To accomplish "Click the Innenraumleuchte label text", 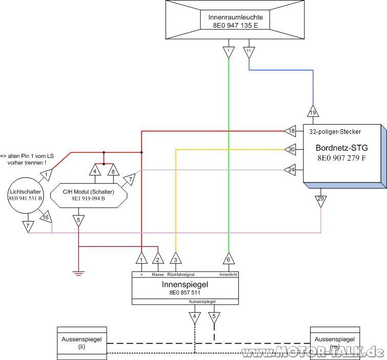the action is pyautogui.click(x=235, y=17).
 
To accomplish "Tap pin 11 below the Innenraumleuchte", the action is pyautogui.click(x=249, y=52).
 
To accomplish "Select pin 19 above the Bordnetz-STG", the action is pyautogui.click(x=313, y=111).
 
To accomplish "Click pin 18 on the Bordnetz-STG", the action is pyautogui.click(x=290, y=131).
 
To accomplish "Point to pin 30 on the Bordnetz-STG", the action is pyautogui.click(x=290, y=149).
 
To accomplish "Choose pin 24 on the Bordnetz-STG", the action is pyautogui.click(x=290, y=170).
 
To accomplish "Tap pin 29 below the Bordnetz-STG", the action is pyautogui.click(x=320, y=201).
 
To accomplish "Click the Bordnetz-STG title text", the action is pyautogui.click(x=341, y=148).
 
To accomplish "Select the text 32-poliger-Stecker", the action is pyautogui.click(x=335, y=132).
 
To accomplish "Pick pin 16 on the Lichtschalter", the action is pyautogui.click(x=46, y=217).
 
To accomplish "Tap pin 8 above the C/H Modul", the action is pyautogui.click(x=113, y=170).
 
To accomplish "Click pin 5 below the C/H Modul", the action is pyautogui.click(x=78, y=221).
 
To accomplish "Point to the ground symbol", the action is pyautogui.click(x=78, y=273).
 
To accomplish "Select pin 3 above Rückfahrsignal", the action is pyautogui.click(x=175, y=258).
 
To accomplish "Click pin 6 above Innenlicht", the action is pyautogui.click(x=229, y=258).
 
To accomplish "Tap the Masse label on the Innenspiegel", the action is pyautogui.click(x=158, y=274).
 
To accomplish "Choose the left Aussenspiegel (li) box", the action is pyautogui.click(x=82, y=343).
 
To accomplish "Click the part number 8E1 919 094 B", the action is pyautogui.click(x=88, y=198).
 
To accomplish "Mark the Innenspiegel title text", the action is pyautogui.click(x=185, y=285).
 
